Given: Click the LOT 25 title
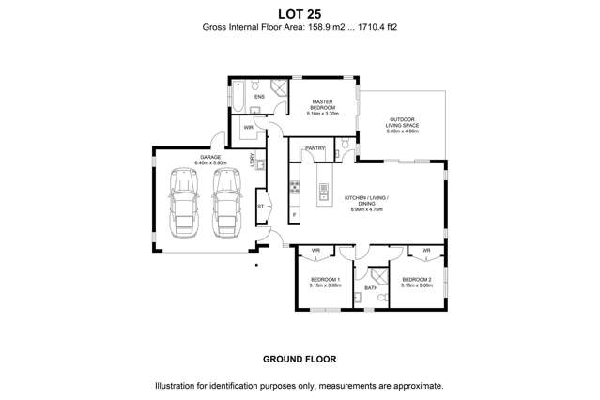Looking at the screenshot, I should pyautogui.click(x=300, y=12).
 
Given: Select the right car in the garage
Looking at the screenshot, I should pyautogui.click(x=226, y=206).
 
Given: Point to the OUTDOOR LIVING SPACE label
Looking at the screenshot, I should pyautogui.click(x=402, y=123).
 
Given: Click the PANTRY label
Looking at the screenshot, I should pyautogui.click(x=315, y=147).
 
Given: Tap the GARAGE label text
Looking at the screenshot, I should pyautogui.click(x=209, y=157).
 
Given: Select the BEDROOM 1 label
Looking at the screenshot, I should pyautogui.click(x=325, y=280).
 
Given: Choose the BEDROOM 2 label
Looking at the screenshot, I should pyautogui.click(x=416, y=280).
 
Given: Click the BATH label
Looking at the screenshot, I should pyautogui.click(x=370, y=288).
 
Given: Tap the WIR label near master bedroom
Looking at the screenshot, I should pyautogui.click(x=248, y=127).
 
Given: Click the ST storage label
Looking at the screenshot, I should pyautogui.click(x=260, y=204).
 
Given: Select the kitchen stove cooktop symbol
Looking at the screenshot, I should pyautogui.click(x=294, y=193).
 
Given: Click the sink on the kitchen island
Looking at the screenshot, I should pyautogui.click(x=324, y=191).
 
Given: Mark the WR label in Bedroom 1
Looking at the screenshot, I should pyautogui.click(x=315, y=251).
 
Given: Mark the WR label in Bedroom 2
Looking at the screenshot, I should pyautogui.click(x=425, y=251).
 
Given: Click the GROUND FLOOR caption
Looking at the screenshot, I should pyautogui.click(x=300, y=359).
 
